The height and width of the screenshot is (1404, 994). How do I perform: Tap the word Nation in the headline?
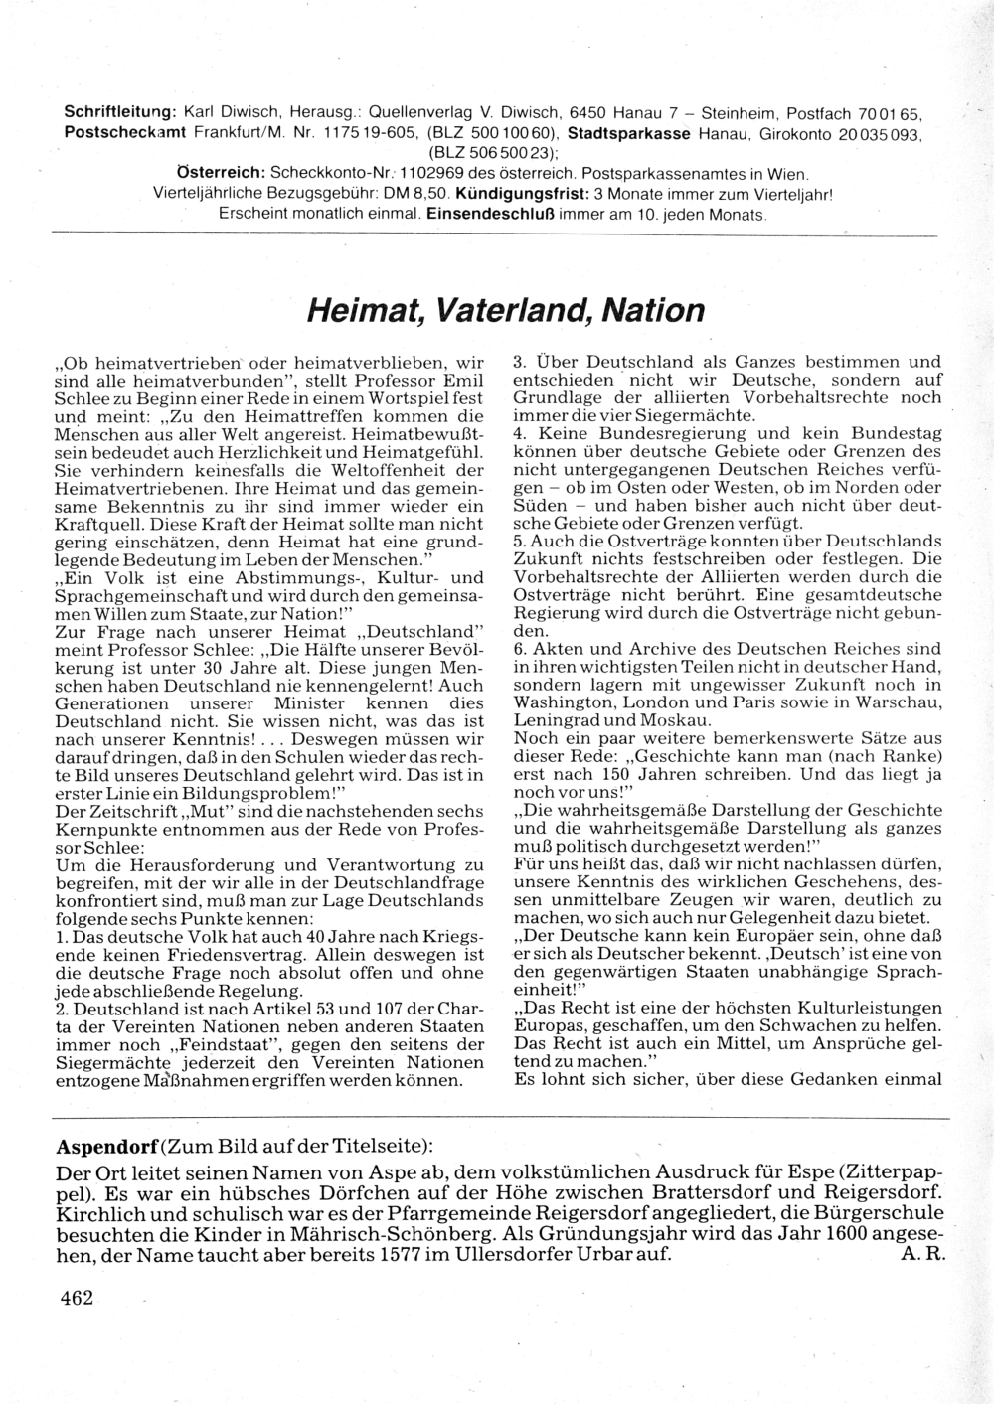[x=651, y=311]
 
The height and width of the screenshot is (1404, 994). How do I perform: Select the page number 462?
[x=76, y=1297]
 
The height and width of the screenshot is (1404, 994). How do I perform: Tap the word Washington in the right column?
[x=564, y=702]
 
